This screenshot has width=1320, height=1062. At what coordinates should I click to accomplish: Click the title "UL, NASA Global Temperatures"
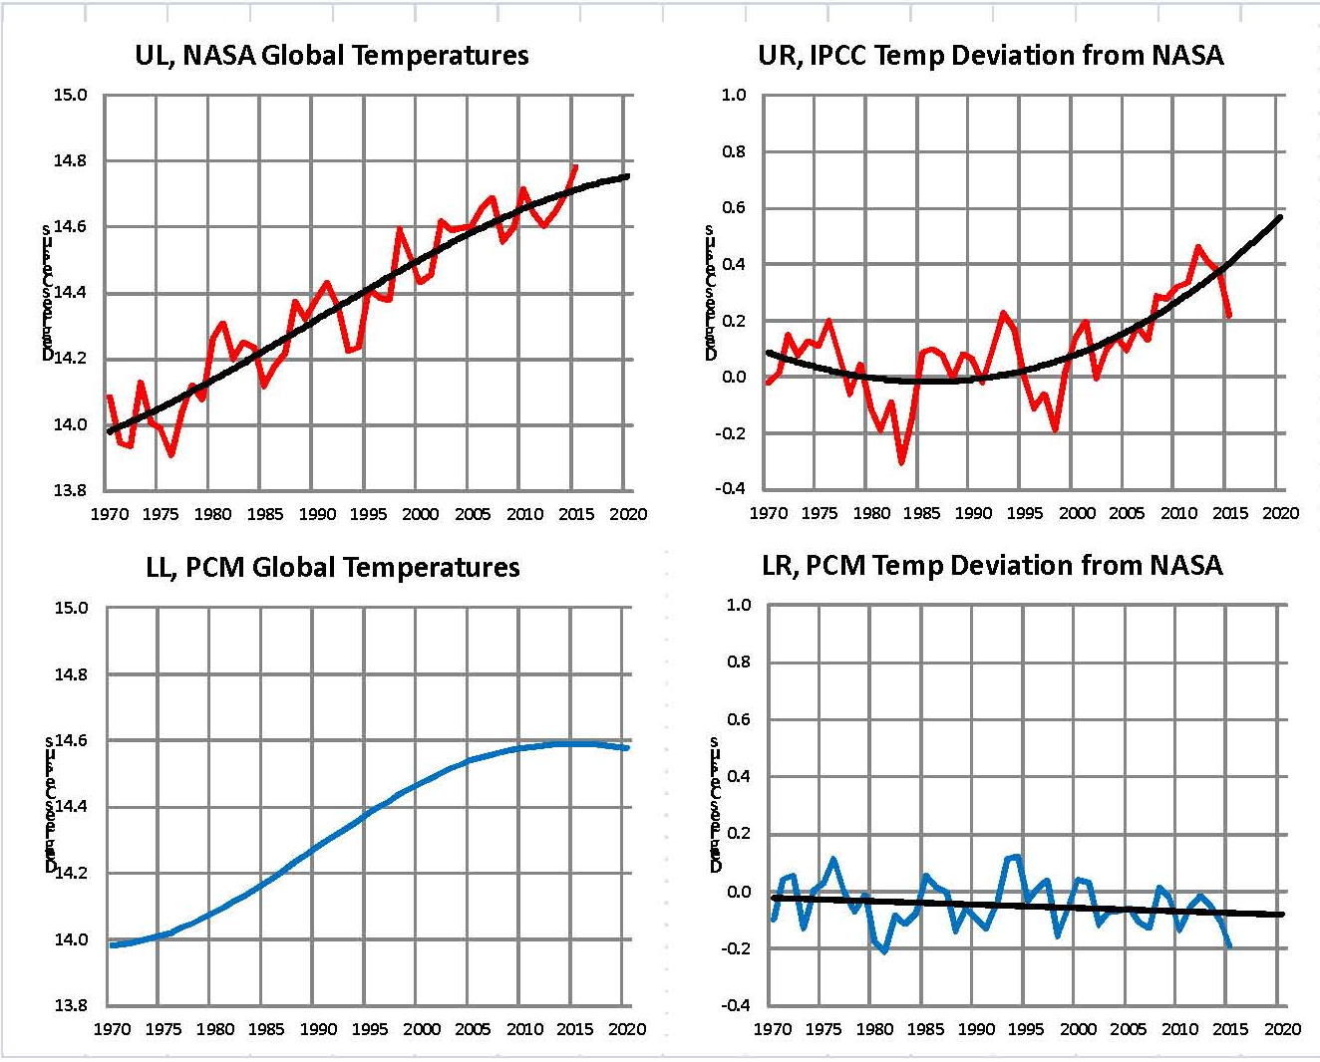332,56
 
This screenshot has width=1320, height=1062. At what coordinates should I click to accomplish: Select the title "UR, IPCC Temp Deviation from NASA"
990,55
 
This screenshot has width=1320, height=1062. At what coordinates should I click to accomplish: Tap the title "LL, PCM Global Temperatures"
333,568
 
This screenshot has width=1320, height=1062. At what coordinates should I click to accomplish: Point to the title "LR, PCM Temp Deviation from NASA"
992,566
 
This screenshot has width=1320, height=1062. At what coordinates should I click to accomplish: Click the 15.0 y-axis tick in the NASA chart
71,96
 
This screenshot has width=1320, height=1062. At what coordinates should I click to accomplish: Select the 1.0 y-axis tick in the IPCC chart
734,96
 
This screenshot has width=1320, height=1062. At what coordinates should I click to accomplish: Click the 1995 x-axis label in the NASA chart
368,515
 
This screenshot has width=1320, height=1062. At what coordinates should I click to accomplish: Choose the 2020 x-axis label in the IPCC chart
1281,513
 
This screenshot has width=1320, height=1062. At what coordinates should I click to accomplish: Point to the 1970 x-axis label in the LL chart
112,1029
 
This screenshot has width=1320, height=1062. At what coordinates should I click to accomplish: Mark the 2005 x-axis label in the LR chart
1128,1029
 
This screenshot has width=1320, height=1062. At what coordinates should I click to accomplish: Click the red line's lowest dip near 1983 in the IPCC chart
901,462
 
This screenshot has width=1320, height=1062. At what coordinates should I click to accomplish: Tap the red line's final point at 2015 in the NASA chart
575,166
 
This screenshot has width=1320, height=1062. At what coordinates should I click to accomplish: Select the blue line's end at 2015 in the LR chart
1229,945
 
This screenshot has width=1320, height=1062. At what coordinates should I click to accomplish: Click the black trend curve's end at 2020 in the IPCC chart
1280,216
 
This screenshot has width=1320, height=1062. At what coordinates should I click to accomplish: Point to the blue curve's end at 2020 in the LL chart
628,747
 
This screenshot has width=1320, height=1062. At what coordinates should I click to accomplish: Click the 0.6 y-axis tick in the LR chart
737,720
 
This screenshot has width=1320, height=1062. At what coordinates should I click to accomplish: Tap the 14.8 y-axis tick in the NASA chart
71,161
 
